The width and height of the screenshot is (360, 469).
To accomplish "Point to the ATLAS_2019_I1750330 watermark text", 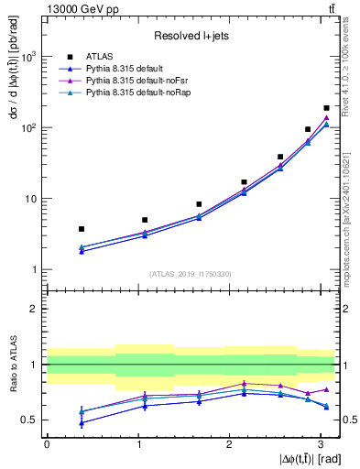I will [189, 274].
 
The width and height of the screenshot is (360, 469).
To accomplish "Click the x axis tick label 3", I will [321, 444].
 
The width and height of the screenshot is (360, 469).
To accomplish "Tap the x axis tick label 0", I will [47, 444].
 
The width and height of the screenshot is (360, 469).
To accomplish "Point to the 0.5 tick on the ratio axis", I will [29, 420].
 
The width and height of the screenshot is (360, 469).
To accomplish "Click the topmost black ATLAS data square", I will [326, 108].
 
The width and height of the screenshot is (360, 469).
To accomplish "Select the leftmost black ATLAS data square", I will [82, 229].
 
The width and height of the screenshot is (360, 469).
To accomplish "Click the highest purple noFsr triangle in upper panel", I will [326, 117].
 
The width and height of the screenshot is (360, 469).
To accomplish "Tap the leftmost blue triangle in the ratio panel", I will [82, 423].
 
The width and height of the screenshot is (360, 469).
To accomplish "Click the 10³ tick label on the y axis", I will [27, 57].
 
